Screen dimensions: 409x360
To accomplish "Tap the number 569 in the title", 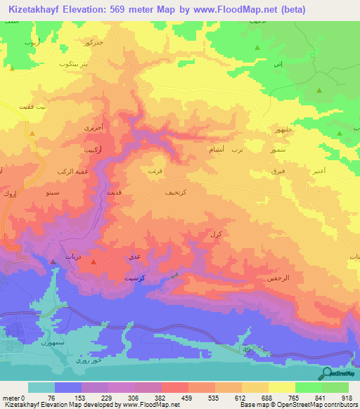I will [x=124, y=9].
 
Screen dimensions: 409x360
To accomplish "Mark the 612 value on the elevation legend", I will [x=242, y=398].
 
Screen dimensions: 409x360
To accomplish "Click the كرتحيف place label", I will [x=174, y=193].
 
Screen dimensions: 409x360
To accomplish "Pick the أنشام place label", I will [x=218, y=150].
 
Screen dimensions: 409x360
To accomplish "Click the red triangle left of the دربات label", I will [x=53, y=262].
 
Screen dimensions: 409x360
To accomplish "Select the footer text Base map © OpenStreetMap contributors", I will [x=296, y=405].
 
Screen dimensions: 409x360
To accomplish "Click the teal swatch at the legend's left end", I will [x=41, y=387].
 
